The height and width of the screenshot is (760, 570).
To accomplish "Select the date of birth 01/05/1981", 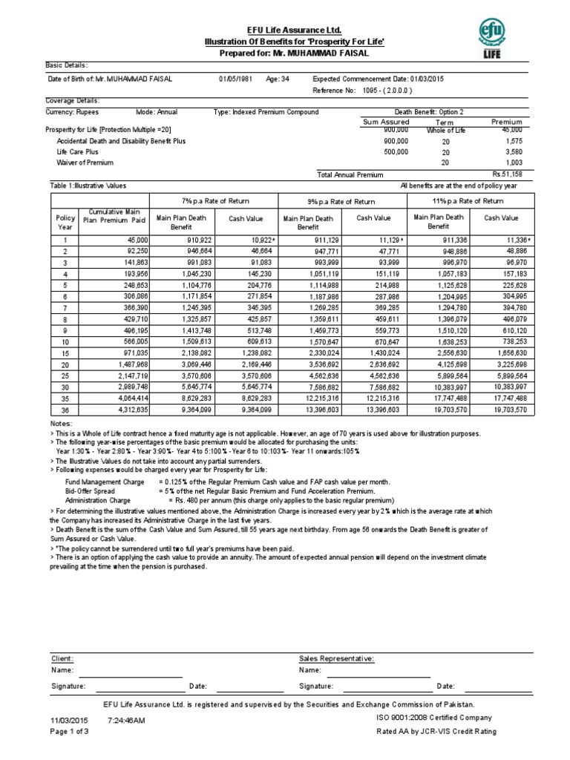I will click(x=235, y=79).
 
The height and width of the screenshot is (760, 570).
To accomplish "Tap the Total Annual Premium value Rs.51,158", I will click(x=502, y=174).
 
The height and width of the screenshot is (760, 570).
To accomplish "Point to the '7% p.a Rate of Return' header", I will click(x=213, y=201).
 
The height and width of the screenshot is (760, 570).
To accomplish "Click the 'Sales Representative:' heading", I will click(x=336, y=658).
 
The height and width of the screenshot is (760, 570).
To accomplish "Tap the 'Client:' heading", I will click(x=62, y=658).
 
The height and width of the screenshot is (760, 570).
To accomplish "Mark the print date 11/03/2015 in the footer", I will click(x=69, y=720).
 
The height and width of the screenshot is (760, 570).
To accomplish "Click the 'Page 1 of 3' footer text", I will click(x=69, y=731).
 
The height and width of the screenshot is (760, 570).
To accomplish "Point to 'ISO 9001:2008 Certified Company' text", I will click(x=434, y=718).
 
